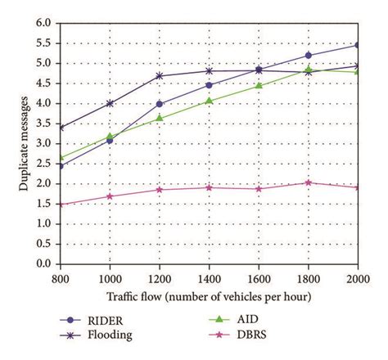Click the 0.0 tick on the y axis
46,263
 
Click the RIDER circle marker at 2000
357,45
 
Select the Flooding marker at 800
61,127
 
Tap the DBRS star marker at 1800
308,182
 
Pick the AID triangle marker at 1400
209,101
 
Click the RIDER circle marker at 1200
160,104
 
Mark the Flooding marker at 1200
160,75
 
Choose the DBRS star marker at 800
61,205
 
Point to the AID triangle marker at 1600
259,85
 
